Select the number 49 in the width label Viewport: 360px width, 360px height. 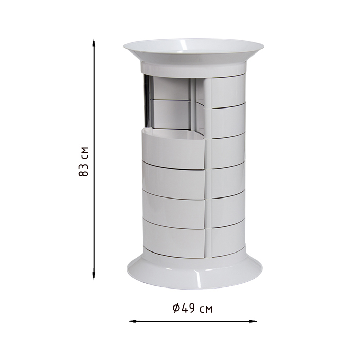click(x=188, y=308)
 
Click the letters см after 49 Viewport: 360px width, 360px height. click(x=206, y=310)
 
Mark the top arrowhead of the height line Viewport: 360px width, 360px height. click(x=94, y=43)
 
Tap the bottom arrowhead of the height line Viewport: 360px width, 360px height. click(x=94, y=276)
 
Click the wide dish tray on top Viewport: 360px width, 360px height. click(x=194, y=50)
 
